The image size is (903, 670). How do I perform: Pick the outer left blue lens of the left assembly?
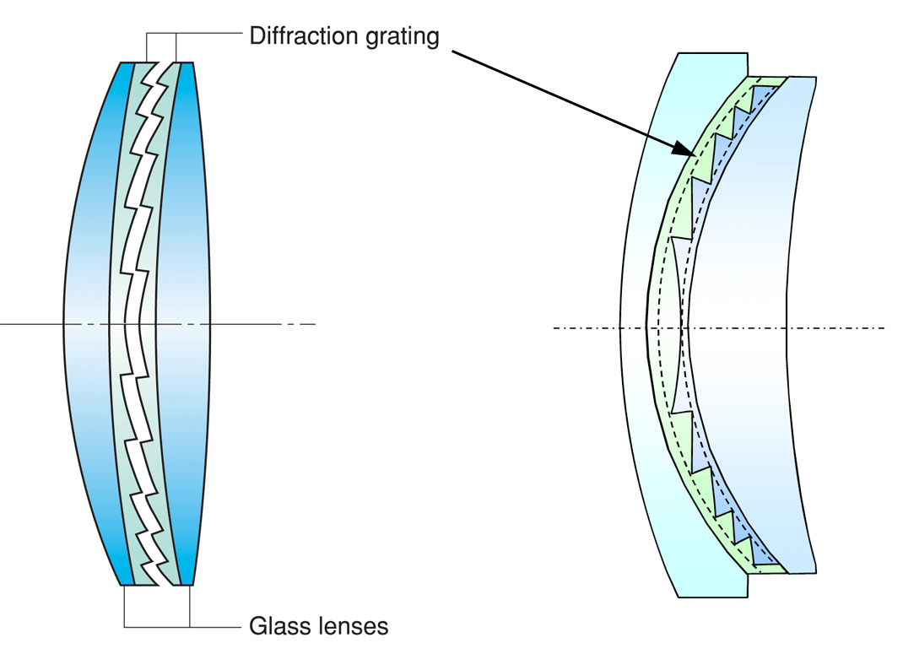pyautogui.click(x=88, y=321)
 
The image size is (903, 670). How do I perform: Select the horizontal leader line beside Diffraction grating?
pyautogui.click(x=211, y=34)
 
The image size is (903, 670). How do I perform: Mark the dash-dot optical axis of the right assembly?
pyautogui.click(x=844, y=327)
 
